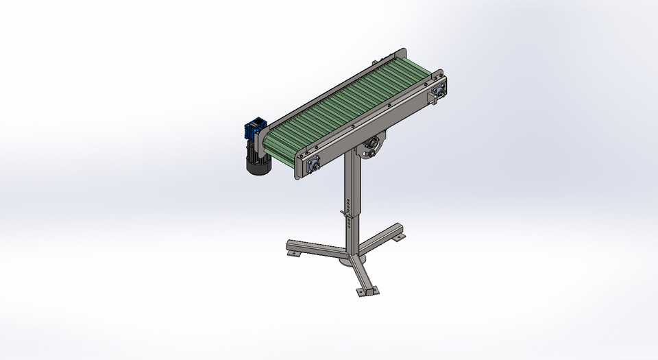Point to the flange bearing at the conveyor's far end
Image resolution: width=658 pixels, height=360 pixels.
click(x=438, y=91)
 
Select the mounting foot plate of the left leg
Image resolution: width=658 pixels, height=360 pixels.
click(x=293, y=253)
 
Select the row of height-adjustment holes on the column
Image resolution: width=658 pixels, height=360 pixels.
click(x=349, y=206)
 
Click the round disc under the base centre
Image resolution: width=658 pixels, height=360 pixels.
click(x=358, y=261)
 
